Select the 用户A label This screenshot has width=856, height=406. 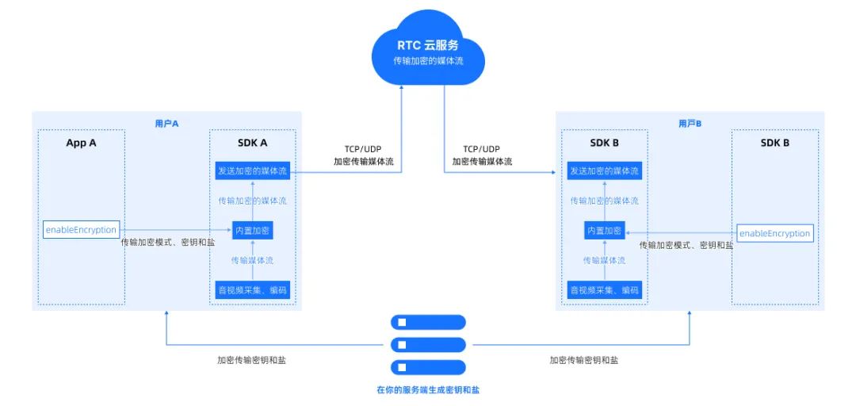coord(166,123)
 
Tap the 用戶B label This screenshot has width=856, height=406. coord(690,123)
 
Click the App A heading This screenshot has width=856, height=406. coord(81,143)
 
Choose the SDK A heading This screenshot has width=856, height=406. coord(252,143)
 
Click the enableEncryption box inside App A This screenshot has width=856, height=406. coord(81,230)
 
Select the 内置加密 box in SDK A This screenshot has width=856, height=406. coord(252,231)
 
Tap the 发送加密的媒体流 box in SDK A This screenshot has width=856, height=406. coord(252,170)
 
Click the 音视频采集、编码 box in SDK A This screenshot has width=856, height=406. coord(252,289)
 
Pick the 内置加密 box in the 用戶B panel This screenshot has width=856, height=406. coord(604,231)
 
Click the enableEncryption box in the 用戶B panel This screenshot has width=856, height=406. coord(774,233)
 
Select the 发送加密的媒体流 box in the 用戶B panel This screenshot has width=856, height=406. coord(604,170)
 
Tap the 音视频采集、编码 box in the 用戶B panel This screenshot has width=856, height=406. coord(604,289)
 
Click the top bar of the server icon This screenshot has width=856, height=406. coord(428,323)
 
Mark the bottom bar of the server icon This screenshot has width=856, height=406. coord(428,367)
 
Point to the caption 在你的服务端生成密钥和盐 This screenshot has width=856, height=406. coord(428,390)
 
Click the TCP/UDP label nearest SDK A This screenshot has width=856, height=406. coord(363,148)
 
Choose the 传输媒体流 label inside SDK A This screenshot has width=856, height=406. coord(252,260)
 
